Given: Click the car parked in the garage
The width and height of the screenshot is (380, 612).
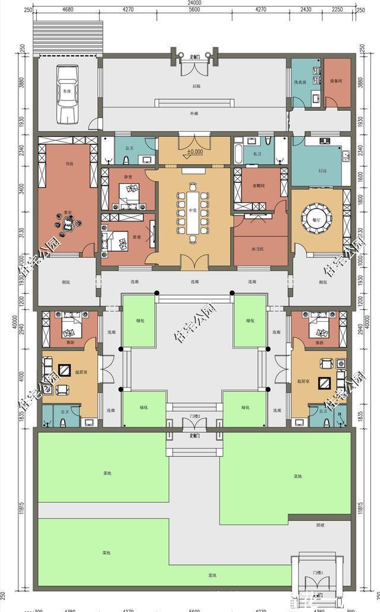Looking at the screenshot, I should click(x=68, y=92).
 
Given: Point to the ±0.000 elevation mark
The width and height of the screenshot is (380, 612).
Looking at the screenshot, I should click(x=194, y=152).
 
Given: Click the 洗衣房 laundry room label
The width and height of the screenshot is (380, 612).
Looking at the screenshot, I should click(x=300, y=81).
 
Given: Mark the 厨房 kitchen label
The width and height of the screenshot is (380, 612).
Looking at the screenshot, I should click(x=322, y=170).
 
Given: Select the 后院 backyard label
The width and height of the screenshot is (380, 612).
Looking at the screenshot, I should click(x=195, y=87).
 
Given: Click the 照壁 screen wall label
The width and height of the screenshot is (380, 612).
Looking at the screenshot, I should click(x=320, y=525).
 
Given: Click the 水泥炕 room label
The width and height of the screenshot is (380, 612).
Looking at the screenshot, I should click(x=257, y=248).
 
